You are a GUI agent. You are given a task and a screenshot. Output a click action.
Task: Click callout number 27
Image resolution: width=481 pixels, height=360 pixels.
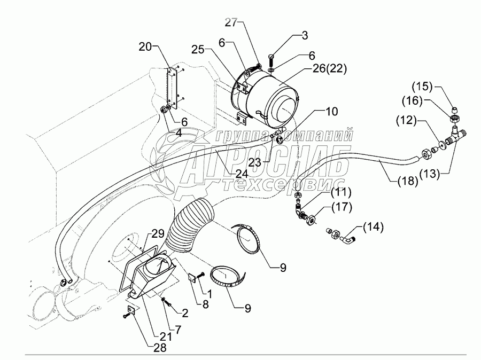[x=231, y=22]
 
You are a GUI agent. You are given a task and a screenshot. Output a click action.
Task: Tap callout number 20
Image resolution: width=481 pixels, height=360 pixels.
[x=145, y=47]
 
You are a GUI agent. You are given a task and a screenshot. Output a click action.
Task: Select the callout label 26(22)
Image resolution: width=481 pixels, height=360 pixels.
[x=329, y=69]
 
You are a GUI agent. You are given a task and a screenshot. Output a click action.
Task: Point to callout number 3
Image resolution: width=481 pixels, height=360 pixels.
[x=304, y=35]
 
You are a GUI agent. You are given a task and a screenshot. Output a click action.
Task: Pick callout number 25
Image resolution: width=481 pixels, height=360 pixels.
[x=198, y=50]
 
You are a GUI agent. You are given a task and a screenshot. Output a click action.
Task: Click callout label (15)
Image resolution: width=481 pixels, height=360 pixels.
[x=422, y=87]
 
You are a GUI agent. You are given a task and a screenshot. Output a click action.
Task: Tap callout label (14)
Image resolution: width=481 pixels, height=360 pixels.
[x=373, y=227]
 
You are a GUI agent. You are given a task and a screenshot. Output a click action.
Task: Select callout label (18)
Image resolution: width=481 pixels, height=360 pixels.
[x=408, y=182]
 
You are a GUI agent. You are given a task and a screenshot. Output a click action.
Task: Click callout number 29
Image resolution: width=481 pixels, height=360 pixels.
[x=158, y=234]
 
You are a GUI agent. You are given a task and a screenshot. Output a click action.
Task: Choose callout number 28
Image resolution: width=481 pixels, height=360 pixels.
[x=160, y=347]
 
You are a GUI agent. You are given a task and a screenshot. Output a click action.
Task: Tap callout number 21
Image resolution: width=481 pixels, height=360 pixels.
[x=166, y=336]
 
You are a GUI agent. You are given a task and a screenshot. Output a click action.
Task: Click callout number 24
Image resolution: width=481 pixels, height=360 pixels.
[x=242, y=174]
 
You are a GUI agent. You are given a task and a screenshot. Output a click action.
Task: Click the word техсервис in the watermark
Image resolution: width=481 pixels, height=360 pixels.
[x=284, y=185]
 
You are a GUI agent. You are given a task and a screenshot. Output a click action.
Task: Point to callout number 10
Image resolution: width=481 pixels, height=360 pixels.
[x=331, y=112]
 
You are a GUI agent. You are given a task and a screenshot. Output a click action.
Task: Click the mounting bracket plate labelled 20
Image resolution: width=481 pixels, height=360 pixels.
[x=172, y=89]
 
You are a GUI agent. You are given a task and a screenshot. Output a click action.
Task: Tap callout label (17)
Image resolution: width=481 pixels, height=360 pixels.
[x=341, y=207]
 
